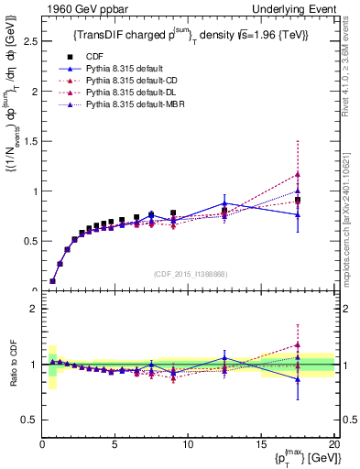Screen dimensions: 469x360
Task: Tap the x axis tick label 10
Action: click(x=188, y=444)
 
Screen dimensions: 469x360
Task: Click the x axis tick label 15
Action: click(x=261, y=444)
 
